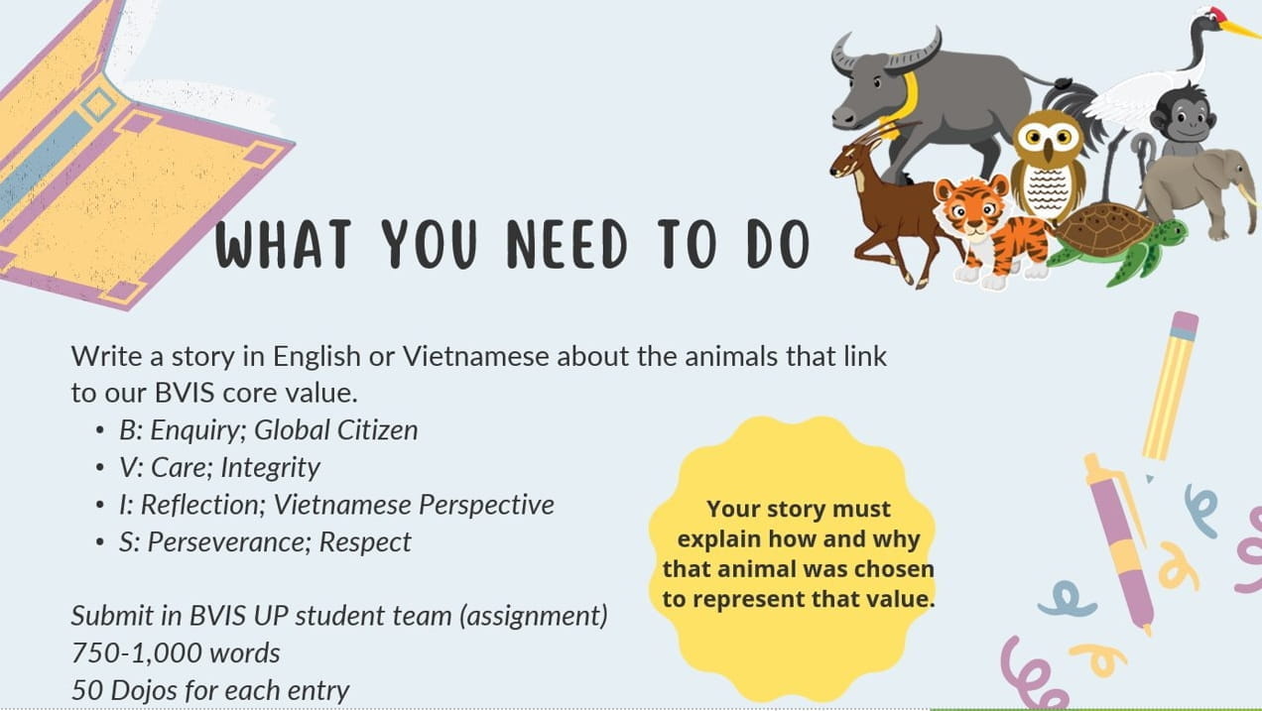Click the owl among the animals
coord(1048,165)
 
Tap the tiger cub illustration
coord(991,231)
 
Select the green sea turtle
coord(1118,242)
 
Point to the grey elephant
coord(1200,191)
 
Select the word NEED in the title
coord(567,244)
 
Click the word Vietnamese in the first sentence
coord(475,356)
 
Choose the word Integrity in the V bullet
coord(270,468)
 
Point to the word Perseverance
coord(229,542)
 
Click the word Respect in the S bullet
coord(365,542)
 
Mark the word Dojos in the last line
coord(144,691)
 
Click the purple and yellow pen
coord(1118,543)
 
